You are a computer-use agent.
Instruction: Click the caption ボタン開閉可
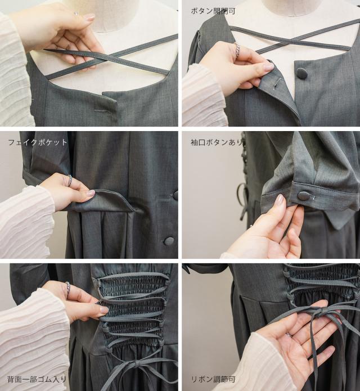(x=213, y=11)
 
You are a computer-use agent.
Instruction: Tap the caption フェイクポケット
(x=38, y=142)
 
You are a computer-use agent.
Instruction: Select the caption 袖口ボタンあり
(x=217, y=142)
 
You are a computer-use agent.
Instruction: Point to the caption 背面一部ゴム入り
(x=37, y=379)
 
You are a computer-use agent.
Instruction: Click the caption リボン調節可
(x=213, y=379)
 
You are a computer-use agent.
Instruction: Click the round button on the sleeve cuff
(x=303, y=195)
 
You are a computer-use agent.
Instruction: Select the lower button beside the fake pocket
(x=169, y=241)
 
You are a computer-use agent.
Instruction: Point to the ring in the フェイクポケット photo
(x=70, y=180)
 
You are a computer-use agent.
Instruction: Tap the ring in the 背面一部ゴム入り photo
(x=68, y=286)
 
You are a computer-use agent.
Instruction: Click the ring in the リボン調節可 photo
(x=289, y=335)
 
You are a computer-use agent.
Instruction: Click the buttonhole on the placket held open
(x=276, y=83)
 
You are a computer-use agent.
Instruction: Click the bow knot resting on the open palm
(x=322, y=311)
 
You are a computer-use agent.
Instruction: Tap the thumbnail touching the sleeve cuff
(x=281, y=199)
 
